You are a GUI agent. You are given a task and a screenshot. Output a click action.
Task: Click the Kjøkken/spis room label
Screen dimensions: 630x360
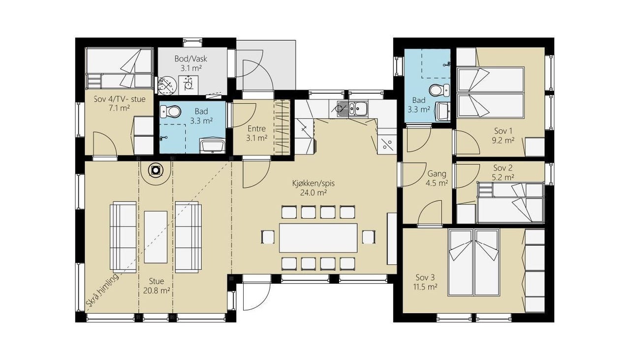[x=314, y=184]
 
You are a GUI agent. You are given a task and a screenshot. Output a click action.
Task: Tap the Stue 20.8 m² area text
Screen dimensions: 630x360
[x=157, y=291]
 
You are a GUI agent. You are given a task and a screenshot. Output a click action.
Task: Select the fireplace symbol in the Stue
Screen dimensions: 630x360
[x=156, y=170]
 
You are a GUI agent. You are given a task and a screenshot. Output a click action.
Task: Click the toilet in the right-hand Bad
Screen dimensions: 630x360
[x=440, y=90]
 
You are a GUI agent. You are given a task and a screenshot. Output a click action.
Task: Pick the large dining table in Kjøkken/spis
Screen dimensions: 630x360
[x=318, y=238]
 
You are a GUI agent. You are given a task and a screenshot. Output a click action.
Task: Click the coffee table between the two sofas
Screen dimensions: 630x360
[x=156, y=237]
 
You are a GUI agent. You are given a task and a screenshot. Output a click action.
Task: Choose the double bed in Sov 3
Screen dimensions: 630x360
[x=474, y=262]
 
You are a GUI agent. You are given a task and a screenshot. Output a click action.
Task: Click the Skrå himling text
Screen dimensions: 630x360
[x=102, y=290]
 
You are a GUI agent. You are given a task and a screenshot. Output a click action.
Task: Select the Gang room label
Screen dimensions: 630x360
[x=436, y=174]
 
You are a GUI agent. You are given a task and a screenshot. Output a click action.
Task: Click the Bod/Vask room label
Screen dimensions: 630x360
[x=190, y=59]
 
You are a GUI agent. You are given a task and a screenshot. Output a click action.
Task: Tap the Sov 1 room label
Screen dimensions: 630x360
[x=503, y=131]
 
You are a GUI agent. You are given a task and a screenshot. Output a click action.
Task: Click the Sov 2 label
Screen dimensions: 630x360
[x=503, y=168]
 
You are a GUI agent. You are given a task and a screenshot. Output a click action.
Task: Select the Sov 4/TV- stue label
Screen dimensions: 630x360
[x=120, y=99]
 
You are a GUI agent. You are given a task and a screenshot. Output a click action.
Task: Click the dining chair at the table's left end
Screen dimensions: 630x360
[x=268, y=237]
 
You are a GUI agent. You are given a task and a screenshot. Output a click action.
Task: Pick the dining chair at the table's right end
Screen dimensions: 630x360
[x=369, y=237]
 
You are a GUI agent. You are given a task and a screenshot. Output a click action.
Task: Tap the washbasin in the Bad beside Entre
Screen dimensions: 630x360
[x=212, y=146]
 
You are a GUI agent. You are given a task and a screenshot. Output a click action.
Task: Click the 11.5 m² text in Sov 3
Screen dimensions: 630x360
[x=425, y=287]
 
